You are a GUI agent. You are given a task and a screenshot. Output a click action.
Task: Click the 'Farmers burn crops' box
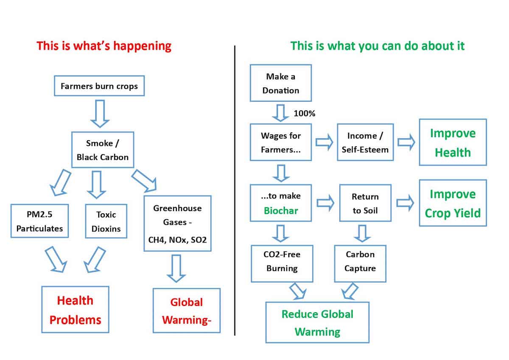click(x=99, y=87)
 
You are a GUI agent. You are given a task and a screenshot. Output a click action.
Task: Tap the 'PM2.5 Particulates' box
click(x=39, y=221)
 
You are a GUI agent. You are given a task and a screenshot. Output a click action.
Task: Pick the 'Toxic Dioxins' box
click(x=106, y=221)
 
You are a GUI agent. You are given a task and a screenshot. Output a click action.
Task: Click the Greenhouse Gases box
click(x=177, y=223)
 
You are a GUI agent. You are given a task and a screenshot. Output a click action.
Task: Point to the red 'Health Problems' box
click(x=75, y=310)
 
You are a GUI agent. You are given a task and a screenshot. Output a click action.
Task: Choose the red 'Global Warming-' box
click(x=187, y=311)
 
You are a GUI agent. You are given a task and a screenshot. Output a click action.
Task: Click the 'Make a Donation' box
click(x=280, y=83)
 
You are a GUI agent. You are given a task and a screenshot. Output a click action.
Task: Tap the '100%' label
click(x=304, y=114)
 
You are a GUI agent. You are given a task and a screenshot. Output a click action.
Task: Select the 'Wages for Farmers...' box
click(x=280, y=142)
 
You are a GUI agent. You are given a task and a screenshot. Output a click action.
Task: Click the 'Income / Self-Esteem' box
click(x=365, y=142)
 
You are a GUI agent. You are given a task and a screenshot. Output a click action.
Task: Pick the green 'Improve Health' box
click(x=453, y=142)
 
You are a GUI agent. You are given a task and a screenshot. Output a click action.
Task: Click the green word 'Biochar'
click(x=280, y=211)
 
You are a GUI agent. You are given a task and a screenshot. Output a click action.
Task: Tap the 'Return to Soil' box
click(x=365, y=203)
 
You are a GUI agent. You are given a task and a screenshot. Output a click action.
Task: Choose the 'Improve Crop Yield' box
click(x=453, y=203)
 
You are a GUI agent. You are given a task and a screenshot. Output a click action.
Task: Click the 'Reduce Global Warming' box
click(x=317, y=322)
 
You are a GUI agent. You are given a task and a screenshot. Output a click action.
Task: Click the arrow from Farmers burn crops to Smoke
click(x=100, y=113)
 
